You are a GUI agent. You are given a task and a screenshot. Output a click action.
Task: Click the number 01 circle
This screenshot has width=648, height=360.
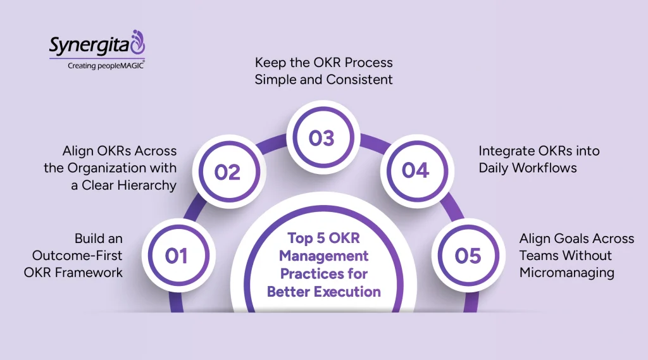(177, 256)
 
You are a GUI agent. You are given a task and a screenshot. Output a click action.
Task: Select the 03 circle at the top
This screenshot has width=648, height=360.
(321, 138)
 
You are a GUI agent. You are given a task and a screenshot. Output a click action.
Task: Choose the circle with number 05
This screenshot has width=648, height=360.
(468, 256)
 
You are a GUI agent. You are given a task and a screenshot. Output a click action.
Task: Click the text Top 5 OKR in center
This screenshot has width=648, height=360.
(323, 238)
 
